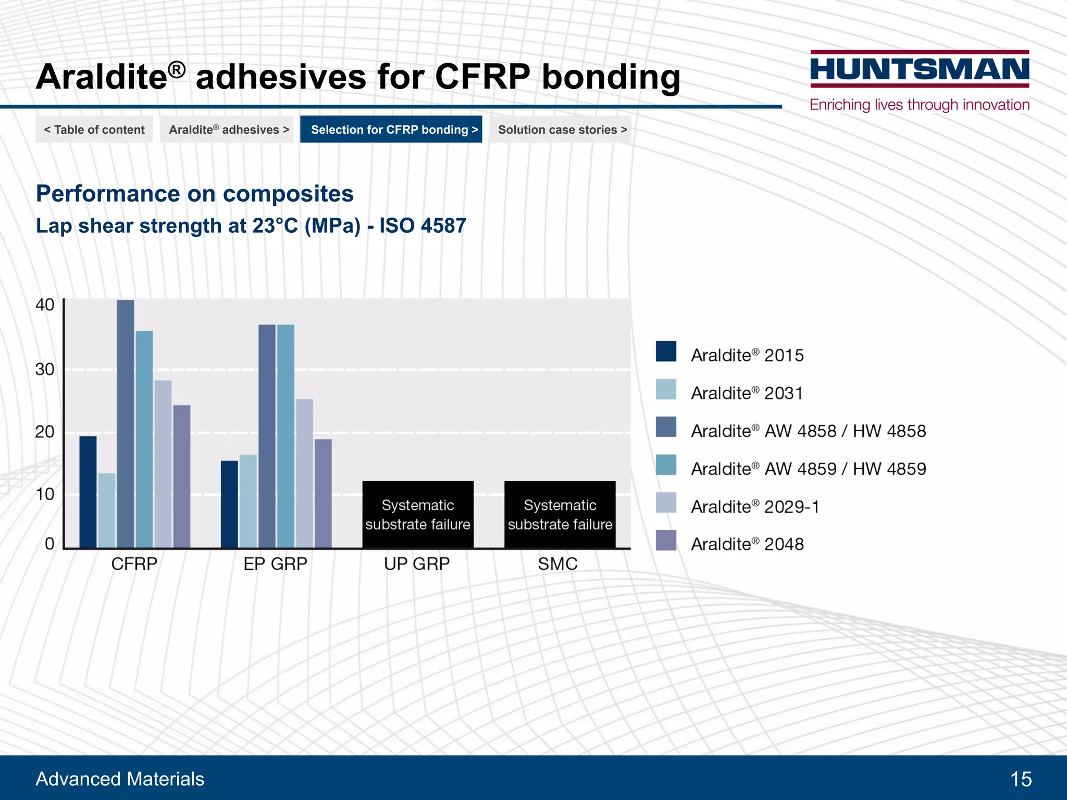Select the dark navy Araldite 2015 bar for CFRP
coord(88,492)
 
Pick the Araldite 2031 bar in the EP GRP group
coord(248,501)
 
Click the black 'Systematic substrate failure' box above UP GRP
coord(418,514)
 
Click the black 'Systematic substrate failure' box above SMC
coord(560,514)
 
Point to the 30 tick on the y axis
coord(45,369)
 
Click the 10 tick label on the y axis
coord(45,494)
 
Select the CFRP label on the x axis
coord(134,564)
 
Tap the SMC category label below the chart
coord(557,564)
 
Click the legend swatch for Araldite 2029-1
coord(666,503)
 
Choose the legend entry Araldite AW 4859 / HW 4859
coord(808,469)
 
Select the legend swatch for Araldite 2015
coord(666,352)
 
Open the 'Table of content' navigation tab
coord(94,129)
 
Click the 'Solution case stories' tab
coord(562,129)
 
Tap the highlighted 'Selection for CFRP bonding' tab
coord(391,129)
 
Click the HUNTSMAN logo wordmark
coord(920,69)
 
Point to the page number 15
coord(1020,779)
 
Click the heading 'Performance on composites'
coord(195,194)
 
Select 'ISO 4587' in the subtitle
coord(423,226)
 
